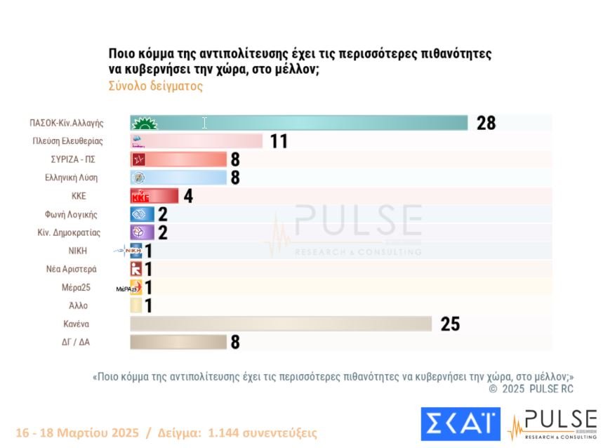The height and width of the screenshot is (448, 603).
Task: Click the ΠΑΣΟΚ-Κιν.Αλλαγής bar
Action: click(298, 123)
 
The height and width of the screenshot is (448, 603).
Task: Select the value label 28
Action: click(486, 123)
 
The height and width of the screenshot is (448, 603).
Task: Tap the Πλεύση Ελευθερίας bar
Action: click(197, 141)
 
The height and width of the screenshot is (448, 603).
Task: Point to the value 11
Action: click(279, 141)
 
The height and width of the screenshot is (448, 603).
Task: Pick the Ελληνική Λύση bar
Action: click(179, 178)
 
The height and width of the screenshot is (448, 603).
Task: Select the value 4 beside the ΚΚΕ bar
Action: click(188, 196)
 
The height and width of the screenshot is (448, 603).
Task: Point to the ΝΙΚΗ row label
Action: click(79, 251)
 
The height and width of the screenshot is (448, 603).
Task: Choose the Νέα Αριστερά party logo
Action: click(137, 269)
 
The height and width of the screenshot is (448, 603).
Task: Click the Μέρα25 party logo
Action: click(133, 287)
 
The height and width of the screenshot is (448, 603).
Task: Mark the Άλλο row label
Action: click(79, 305)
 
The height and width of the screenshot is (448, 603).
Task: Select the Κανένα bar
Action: click(281, 324)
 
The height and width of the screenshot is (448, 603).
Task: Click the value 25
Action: click(450, 324)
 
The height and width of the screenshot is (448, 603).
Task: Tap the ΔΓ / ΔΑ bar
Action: click(179, 342)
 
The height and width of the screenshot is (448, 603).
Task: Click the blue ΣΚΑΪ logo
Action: click(460, 424)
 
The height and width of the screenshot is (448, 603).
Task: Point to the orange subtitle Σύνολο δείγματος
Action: click(155, 86)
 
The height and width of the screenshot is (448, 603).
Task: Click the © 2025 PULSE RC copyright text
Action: click(531, 388)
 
